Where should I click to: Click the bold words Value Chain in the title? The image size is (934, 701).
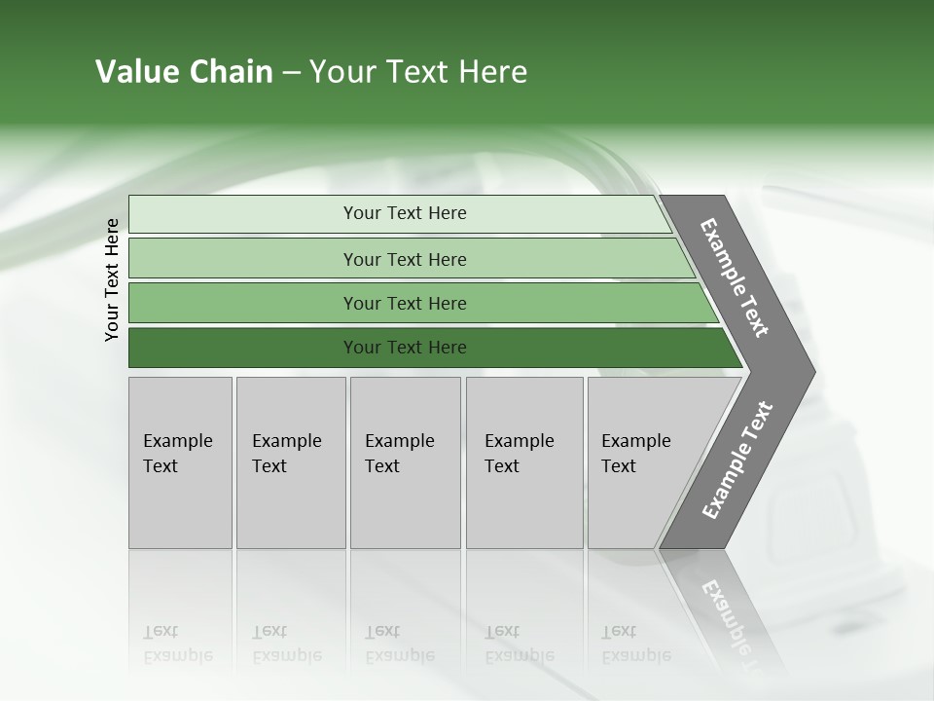(184, 72)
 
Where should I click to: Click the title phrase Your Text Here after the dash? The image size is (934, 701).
(418, 72)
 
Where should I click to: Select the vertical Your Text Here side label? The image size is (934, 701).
(112, 279)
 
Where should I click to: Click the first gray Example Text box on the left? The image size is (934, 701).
(180, 462)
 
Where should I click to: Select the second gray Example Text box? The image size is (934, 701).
(291, 462)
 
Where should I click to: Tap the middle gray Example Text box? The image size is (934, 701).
(405, 462)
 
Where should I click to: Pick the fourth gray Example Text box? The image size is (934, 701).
(524, 462)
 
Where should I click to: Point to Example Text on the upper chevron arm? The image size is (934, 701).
(735, 277)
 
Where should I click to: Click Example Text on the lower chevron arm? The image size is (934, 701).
(737, 461)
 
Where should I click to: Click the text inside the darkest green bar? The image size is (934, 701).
(405, 348)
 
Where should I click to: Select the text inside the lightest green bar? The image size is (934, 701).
(405, 213)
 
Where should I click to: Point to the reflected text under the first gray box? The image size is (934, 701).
(177, 644)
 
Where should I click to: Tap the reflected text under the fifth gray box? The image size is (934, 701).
(635, 644)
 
